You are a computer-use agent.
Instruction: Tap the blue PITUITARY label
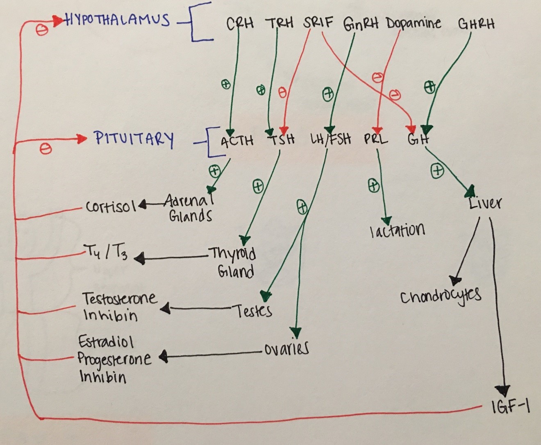tap(134, 138)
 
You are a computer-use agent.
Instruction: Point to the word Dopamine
tap(413, 23)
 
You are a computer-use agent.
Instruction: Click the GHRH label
tap(476, 23)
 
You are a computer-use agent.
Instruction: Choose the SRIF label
tap(318, 22)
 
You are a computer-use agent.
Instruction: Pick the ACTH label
tap(237, 141)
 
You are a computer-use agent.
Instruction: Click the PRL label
tap(375, 139)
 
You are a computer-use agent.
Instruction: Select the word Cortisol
tap(111, 206)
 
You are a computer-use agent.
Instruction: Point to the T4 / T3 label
tap(105, 252)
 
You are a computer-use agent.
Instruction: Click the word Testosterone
tap(119, 298)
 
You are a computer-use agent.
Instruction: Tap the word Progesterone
tap(114, 359)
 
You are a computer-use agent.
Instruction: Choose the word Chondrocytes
tap(440, 297)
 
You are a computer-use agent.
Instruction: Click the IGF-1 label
tap(511, 407)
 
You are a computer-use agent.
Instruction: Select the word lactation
tap(397, 231)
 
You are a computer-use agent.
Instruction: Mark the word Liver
tap(485, 202)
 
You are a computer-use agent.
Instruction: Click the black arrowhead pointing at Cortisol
tap(142, 205)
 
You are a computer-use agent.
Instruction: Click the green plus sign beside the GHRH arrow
tap(429, 87)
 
